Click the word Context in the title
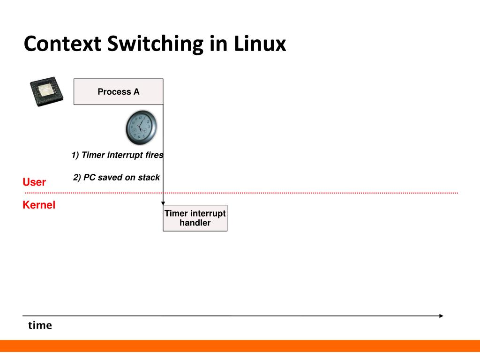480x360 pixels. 62,44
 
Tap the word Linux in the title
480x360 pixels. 259,44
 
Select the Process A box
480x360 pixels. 118,92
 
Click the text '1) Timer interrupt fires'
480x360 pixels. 117,155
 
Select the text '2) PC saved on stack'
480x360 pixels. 116,178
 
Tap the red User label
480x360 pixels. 34,182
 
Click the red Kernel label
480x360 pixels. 39,205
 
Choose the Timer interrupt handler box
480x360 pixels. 195,218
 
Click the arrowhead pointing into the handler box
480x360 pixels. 163,203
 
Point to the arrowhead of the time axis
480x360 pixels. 441,316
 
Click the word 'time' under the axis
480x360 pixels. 40,325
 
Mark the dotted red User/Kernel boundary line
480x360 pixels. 281,193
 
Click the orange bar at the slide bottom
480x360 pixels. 240,346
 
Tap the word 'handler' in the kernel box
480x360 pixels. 195,223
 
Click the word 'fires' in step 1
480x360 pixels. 154,155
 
